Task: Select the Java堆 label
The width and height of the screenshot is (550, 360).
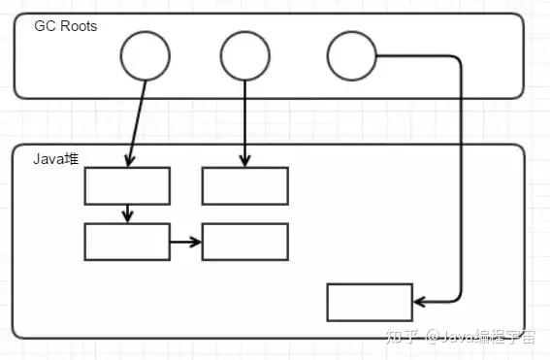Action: pyautogui.click(x=54, y=158)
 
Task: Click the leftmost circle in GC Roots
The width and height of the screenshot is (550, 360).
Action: pyautogui.click(x=146, y=56)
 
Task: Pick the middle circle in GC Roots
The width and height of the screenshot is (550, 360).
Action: pyautogui.click(x=245, y=56)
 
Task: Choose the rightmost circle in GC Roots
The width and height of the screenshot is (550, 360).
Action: pyautogui.click(x=351, y=56)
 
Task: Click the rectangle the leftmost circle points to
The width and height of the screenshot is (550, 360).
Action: pyautogui.click(x=127, y=185)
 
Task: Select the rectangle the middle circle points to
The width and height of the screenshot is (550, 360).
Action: pyautogui.click(x=244, y=185)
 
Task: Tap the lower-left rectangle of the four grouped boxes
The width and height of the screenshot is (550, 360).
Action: pyautogui.click(x=127, y=242)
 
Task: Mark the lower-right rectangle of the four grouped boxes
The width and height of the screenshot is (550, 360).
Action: pyautogui.click(x=244, y=242)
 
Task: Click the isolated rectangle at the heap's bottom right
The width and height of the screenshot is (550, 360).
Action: pyautogui.click(x=370, y=302)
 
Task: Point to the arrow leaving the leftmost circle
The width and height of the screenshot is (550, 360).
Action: pyautogui.click(x=137, y=121)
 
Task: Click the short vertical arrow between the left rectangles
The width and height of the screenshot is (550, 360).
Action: pyautogui.click(x=127, y=213)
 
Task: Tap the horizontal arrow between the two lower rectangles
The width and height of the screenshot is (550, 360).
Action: pyautogui.click(x=186, y=242)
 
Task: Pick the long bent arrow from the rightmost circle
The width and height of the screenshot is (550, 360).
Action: pyautogui.click(x=459, y=175)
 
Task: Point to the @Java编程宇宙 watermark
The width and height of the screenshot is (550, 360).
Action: pyautogui.click(x=483, y=337)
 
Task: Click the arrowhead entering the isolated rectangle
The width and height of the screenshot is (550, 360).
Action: pyautogui.click(x=419, y=302)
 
